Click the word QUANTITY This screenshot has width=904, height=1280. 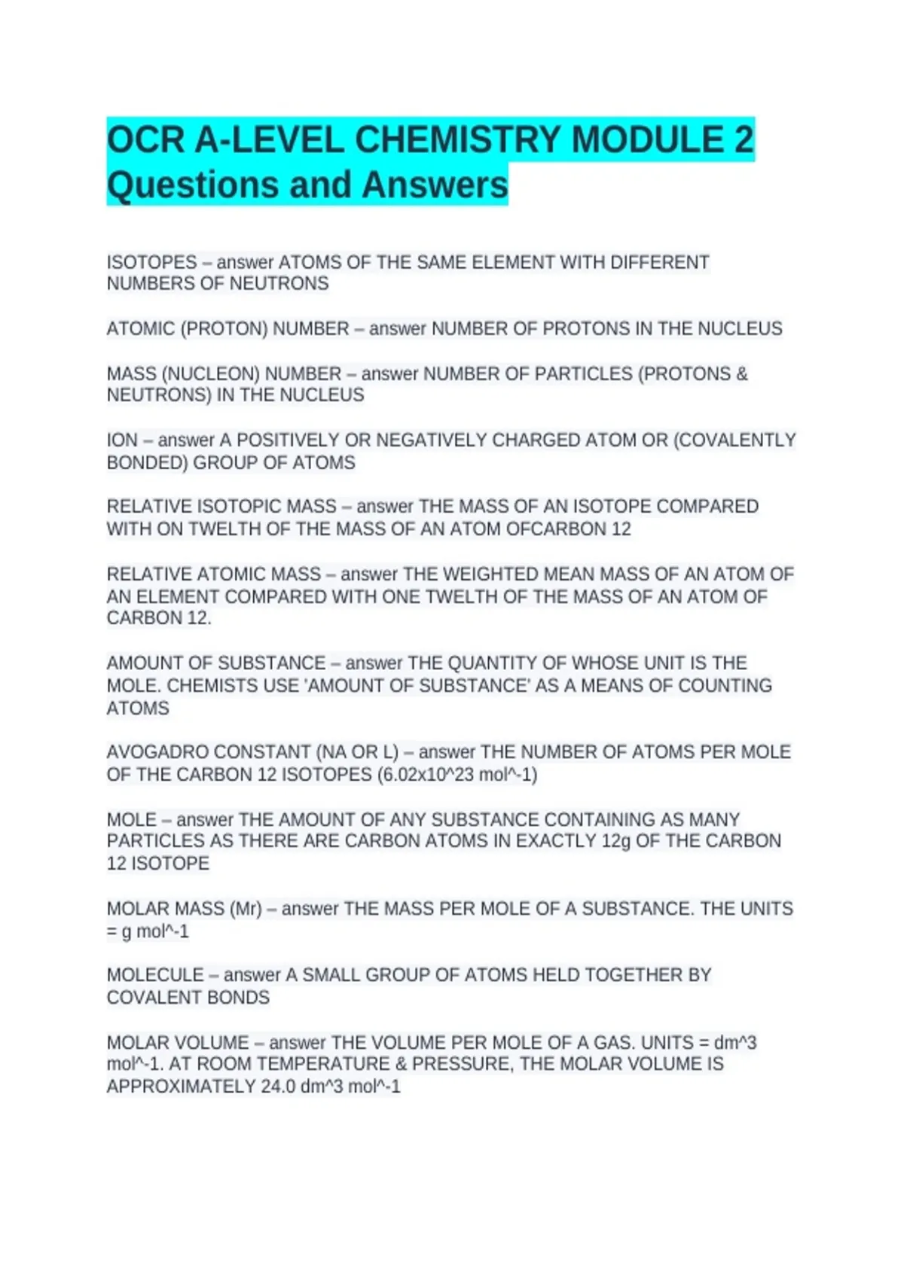pyautogui.click(x=492, y=663)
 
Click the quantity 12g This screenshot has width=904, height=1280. pyautogui.click(x=615, y=841)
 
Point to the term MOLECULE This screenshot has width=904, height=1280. pyautogui.click(x=155, y=975)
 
